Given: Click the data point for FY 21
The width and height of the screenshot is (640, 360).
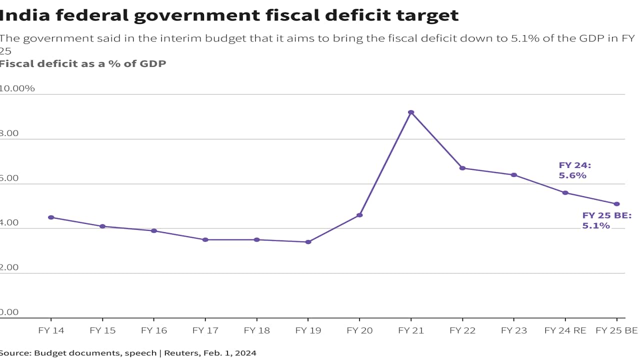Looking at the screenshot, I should pyautogui.click(x=411, y=112).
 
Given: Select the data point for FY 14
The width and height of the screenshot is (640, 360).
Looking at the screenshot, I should pyautogui.click(x=51, y=217).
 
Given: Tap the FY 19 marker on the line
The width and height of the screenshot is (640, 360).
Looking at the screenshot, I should pyautogui.click(x=308, y=242).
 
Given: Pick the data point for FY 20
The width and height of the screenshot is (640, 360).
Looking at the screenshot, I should pyautogui.click(x=359, y=215).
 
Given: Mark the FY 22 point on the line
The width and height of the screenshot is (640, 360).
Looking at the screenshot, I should pyautogui.click(x=462, y=168).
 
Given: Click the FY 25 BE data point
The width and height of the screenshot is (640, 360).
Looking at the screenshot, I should pyautogui.click(x=616, y=204).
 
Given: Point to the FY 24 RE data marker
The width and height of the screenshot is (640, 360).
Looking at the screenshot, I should pyautogui.click(x=565, y=192).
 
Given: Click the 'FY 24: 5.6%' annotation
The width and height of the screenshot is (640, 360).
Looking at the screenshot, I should pyautogui.click(x=574, y=170).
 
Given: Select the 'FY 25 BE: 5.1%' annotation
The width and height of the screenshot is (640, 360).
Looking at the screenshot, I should pyautogui.click(x=606, y=220).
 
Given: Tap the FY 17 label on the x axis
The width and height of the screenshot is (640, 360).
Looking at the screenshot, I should pyautogui.click(x=205, y=330).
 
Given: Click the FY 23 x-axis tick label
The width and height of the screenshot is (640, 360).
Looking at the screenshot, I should pyautogui.click(x=513, y=330).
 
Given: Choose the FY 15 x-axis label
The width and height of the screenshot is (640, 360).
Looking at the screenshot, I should pyautogui.click(x=102, y=330).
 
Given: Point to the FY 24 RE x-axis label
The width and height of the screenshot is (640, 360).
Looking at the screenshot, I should pyautogui.click(x=565, y=330).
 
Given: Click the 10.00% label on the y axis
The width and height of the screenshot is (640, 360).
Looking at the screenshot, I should pyautogui.click(x=16, y=88).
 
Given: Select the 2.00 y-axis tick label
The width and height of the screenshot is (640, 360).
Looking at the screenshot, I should pyautogui.click(x=9, y=267).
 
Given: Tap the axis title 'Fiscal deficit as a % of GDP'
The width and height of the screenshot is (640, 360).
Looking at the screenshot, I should pyautogui.click(x=82, y=63).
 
